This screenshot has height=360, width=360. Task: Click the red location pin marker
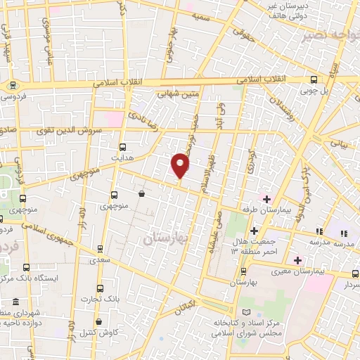(x=181, y=165)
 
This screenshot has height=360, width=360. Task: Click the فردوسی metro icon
(x=12, y=85)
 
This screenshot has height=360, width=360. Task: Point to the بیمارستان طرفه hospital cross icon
(x=266, y=198)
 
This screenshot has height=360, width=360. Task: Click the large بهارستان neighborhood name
(x=166, y=239)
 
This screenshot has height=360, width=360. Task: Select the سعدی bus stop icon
(x=100, y=248)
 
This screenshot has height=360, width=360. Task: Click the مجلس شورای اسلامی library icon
(x=245, y=312)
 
